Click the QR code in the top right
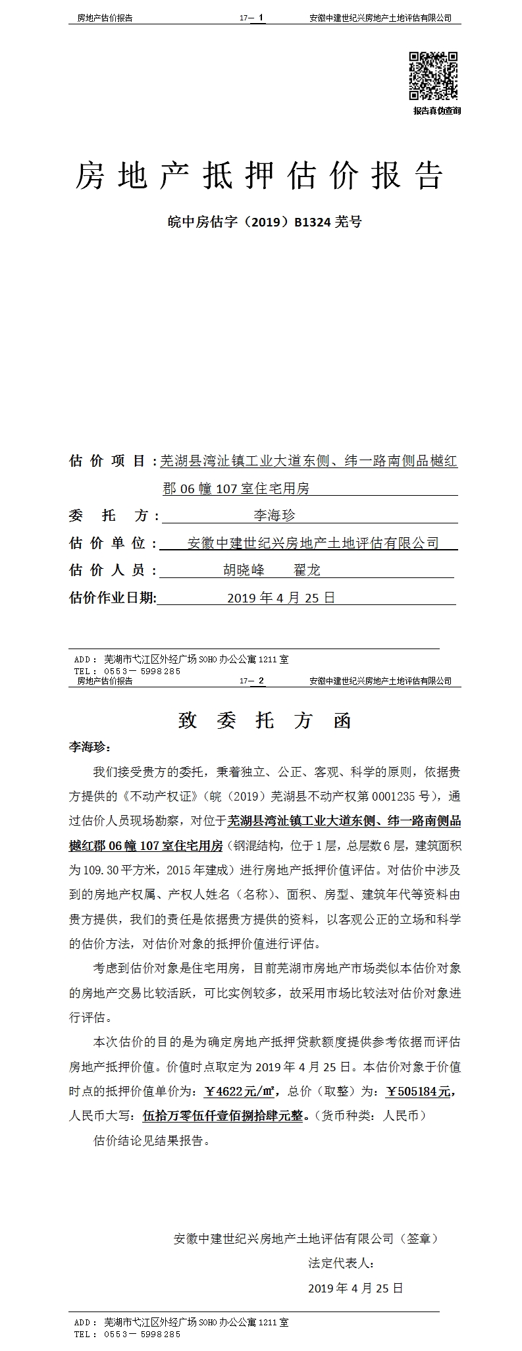[x=433, y=76]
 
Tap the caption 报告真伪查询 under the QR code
[x=436, y=111]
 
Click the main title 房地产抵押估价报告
[x=260, y=176]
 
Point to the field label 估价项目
[x=109, y=461]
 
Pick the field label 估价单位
[x=109, y=543]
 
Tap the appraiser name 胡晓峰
[x=244, y=570]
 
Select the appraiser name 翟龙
[x=307, y=570]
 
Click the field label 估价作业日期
[x=113, y=597]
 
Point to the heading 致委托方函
[x=265, y=721]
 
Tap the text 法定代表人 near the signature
[x=341, y=1263]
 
